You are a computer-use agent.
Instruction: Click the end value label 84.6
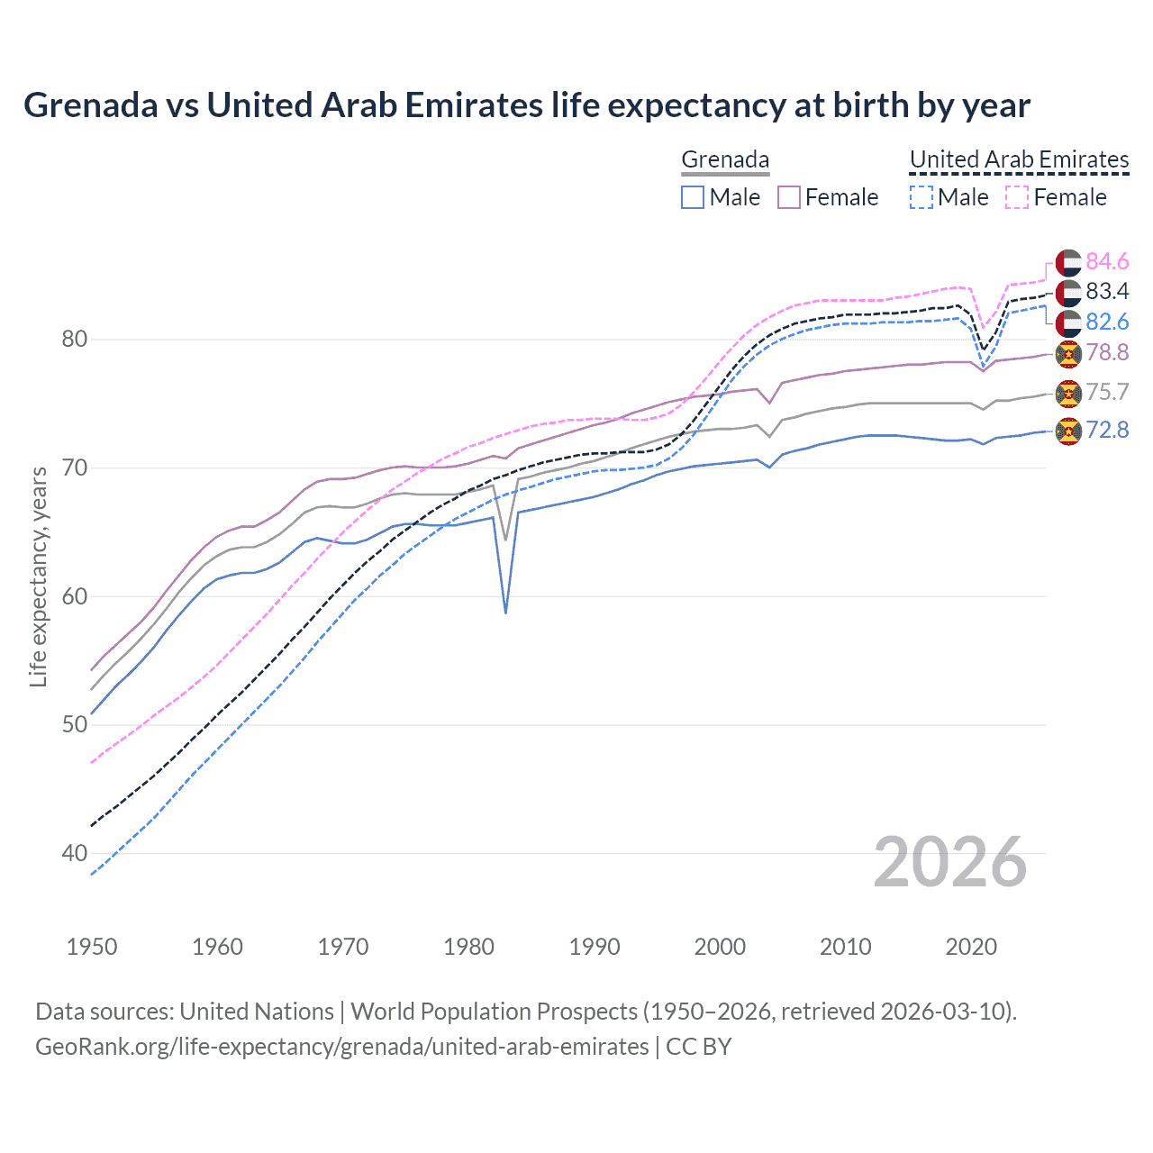click(1107, 261)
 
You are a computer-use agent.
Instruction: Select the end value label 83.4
click(1107, 291)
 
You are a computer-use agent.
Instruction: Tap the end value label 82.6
click(1107, 322)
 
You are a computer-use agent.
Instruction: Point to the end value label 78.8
click(1107, 352)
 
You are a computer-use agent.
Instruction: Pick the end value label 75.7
click(1107, 392)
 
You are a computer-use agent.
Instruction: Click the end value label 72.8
click(1107, 430)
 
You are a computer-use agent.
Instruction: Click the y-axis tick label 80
click(74, 340)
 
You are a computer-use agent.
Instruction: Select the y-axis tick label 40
click(74, 853)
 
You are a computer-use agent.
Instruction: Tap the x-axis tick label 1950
click(92, 947)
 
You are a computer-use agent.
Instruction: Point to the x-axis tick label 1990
click(595, 947)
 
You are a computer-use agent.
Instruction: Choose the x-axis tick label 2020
click(971, 947)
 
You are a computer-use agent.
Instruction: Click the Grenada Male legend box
click(692, 197)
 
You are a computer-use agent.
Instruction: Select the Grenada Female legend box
click(789, 197)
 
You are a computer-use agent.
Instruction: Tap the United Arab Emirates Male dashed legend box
click(921, 197)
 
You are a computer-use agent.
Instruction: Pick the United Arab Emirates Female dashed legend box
click(1016, 197)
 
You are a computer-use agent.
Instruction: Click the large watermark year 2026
click(950, 862)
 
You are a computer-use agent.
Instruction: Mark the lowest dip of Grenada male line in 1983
click(505, 613)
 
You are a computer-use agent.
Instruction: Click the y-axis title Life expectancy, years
click(39, 576)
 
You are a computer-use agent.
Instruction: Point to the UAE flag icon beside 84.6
click(1067, 262)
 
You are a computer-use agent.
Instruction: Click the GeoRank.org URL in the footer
click(341, 1047)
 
